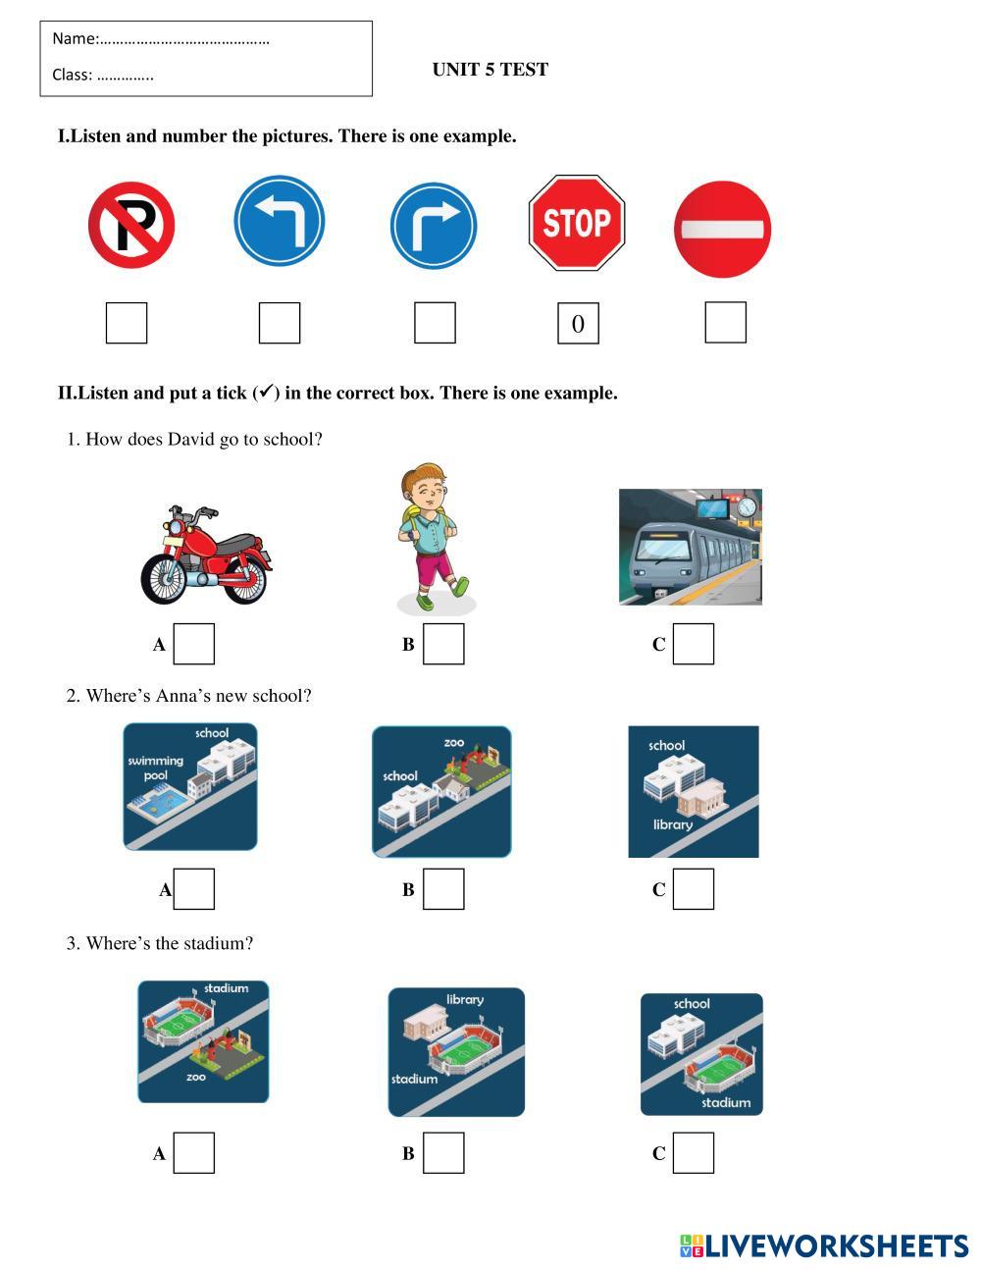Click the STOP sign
577,223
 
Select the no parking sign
131,225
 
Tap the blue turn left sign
280,221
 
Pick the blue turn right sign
434,226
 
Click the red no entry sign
722,229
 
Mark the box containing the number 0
578,323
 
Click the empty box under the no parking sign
127,323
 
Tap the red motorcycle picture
206,555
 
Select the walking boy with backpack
435,537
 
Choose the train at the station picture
691,547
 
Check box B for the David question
443,644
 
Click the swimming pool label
155,767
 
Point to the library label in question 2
673,824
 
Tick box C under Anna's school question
694,889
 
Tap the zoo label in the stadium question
195,1076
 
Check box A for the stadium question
194,1152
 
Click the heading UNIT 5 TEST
490,70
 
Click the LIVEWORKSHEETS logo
824,1245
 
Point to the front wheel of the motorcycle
164,580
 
